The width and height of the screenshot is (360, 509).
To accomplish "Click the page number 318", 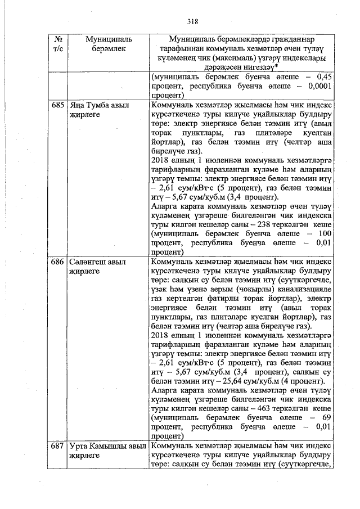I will [x=193, y=22].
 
